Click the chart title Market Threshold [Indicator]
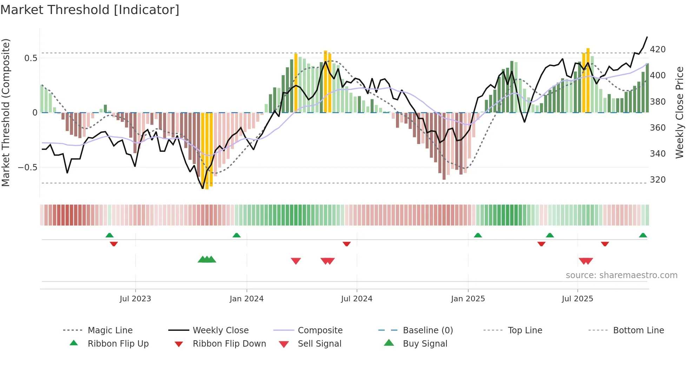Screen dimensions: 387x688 pyautogui.click(x=90, y=10)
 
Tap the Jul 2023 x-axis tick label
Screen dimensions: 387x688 pyautogui.click(x=135, y=299)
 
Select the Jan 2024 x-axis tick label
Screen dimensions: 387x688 pyautogui.click(x=246, y=299)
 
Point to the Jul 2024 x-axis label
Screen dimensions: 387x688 pyautogui.click(x=357, y=299)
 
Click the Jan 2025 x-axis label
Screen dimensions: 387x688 pyautogui.click(x=468, y=299)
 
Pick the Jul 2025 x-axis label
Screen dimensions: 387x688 pyautogui.click(x=577, y=299)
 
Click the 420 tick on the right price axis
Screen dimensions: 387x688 pyautogui.click(x=657, y=50)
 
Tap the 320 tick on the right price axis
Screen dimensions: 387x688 pyautogui.click(x=657, y=180)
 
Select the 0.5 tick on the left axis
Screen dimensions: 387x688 pyautogui.click(x=31, y=58)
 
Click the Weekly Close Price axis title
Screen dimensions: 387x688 pyautogui.click(x=680, y=112)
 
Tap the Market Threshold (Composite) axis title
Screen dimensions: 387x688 pyautogui.click(x=6, y=112)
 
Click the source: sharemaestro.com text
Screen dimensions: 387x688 pyautogui.click(x=621, y=275)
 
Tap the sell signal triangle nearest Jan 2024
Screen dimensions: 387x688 pyautogui.click(x=296, y=261)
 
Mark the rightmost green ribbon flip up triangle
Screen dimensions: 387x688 pyautogui.click(x=643, y=235)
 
